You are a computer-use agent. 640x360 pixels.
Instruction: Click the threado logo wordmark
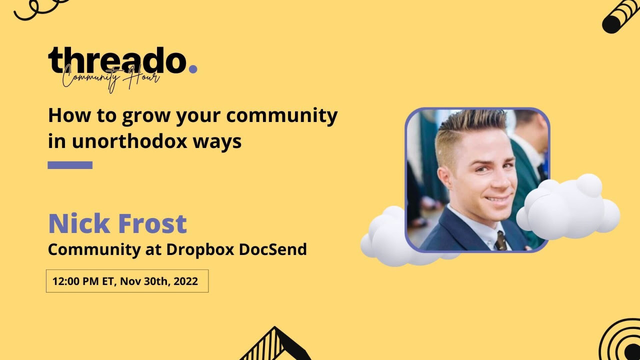pyautogui.click(x=117, y=60)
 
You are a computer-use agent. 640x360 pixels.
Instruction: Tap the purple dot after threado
pyautogui.click(x=193, y=69)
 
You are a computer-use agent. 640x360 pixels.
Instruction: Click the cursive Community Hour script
pyautogui.click(x=111, y=78)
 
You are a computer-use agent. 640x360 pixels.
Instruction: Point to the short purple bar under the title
pyautogui.click(x=70, y=165)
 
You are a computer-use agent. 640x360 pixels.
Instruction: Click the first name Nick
pyautogui.click(x=79, y=223)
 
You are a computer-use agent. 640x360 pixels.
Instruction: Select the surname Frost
pyautogui.click(x=152, y=223)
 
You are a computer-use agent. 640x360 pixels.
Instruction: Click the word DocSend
pyautogui.click(x=273, y=249)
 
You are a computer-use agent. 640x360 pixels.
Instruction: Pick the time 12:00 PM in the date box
pyautogui.click(x=75, y=281)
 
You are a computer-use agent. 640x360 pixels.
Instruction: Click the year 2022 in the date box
pyautogui.click(x=185, y=281)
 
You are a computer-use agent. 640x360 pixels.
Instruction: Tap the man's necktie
pyautogui.click(x=501, y=241)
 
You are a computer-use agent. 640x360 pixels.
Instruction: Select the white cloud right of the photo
pyautogui.click(x=568, y=207)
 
